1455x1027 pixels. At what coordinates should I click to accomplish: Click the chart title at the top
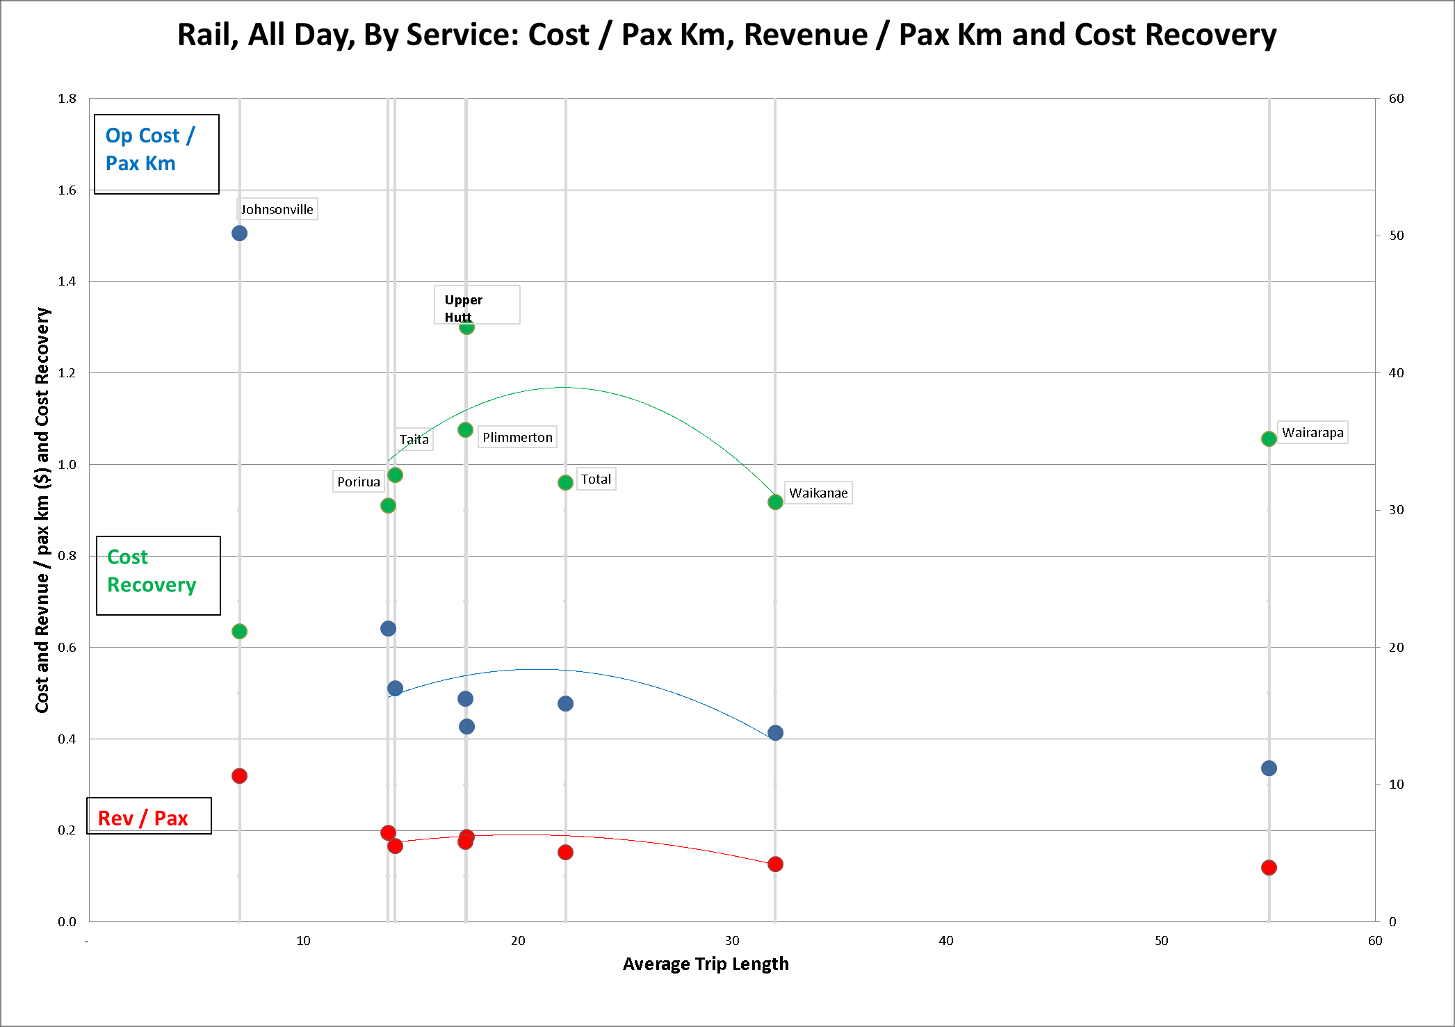pos(726,35)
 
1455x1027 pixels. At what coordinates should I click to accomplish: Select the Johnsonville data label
pos(277,209)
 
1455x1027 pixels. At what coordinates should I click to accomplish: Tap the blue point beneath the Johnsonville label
pos(239,233)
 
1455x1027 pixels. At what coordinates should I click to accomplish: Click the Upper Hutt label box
pos(477,304)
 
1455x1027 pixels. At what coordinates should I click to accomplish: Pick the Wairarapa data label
pos(1312,432)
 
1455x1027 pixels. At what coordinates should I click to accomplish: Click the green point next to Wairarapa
pos(1269,438)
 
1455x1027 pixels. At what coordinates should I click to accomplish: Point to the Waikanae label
pos(818,493)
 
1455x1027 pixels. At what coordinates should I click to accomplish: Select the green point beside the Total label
pos(565,482)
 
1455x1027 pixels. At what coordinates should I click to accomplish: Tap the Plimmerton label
pos(517,437)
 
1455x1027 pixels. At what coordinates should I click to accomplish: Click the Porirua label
pos(359,482)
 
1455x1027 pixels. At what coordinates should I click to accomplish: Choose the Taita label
pos(414,439)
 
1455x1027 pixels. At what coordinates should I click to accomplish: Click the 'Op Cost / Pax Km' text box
pos(156,154)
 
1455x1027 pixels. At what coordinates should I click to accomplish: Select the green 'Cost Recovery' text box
pos(158,575)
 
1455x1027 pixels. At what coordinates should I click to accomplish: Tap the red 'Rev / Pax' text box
pos(149,816)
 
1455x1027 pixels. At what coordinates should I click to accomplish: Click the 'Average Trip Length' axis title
pos(706,964)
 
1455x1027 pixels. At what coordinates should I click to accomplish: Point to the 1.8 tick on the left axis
pos(67,99)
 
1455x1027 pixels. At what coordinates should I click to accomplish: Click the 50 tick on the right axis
pos(1396,236)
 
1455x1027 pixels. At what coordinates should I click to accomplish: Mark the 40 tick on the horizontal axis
pos(946,941)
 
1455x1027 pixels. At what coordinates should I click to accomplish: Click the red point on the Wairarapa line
pos(1269,867)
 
